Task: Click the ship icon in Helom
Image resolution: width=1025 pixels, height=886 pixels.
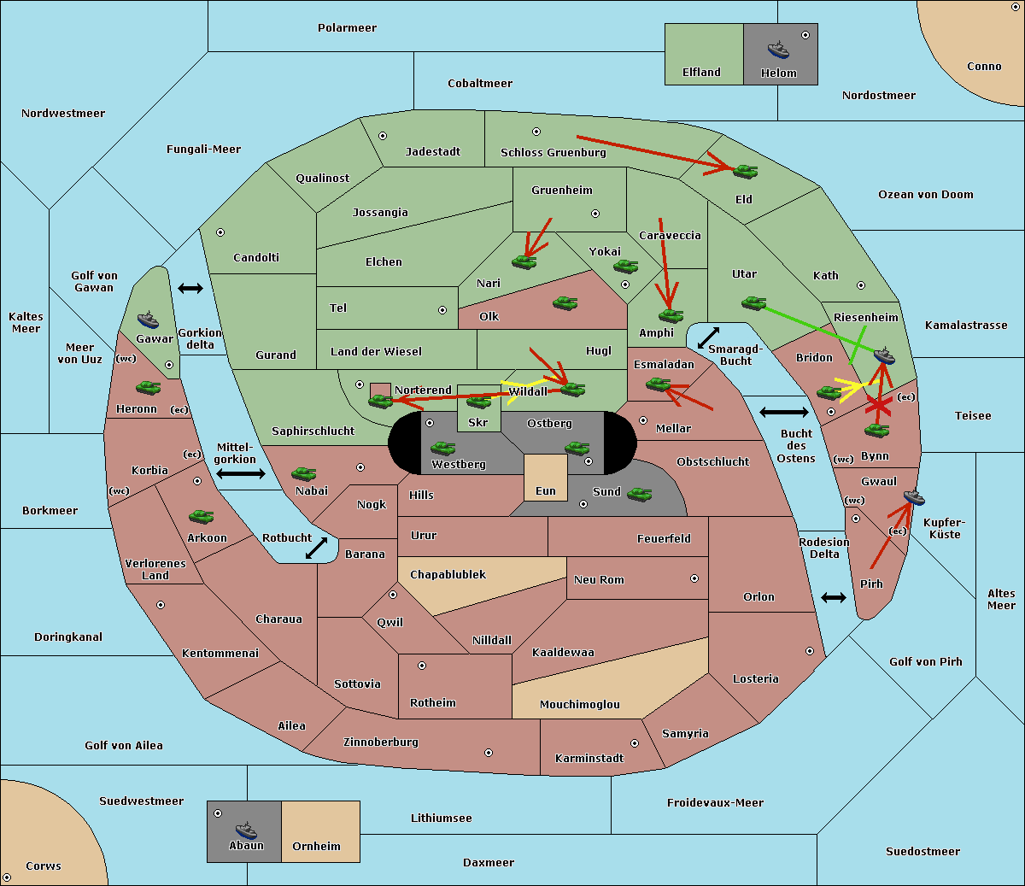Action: [778, 50]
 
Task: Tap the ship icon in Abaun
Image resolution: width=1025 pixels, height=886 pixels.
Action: [246, 830]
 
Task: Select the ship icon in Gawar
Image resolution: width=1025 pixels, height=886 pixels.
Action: [148, 320]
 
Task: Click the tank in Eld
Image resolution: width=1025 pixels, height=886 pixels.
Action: [746, 172]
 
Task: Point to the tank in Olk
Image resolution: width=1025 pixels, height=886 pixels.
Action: [565, 302]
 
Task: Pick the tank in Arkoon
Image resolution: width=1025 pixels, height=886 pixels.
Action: [202, 516]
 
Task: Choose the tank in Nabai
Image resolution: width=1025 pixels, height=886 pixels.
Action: [303, 473]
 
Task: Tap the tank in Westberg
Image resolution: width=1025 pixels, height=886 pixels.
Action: [442, 449]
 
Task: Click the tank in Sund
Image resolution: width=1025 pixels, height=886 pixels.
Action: [639, 494]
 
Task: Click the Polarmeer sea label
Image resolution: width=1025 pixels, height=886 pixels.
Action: [347, 28]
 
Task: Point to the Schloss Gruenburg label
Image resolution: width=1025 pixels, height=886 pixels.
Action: [553, 152]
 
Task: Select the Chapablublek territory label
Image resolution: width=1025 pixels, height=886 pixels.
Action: [448, 574]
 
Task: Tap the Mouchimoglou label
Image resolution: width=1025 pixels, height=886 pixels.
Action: [580, 704]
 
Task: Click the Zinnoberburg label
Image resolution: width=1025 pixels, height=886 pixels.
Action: [381, 742]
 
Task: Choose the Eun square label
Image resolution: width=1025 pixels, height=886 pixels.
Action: [546, 491]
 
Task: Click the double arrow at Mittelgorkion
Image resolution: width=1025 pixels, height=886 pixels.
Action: [241, 473]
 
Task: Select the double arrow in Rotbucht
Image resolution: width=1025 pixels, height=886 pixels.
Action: [316, 549]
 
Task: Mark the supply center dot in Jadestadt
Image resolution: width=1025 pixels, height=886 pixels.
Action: [383, 136]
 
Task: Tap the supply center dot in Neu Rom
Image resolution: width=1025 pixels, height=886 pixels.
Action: [694, 578]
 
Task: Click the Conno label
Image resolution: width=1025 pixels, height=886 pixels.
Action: [984, 67]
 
